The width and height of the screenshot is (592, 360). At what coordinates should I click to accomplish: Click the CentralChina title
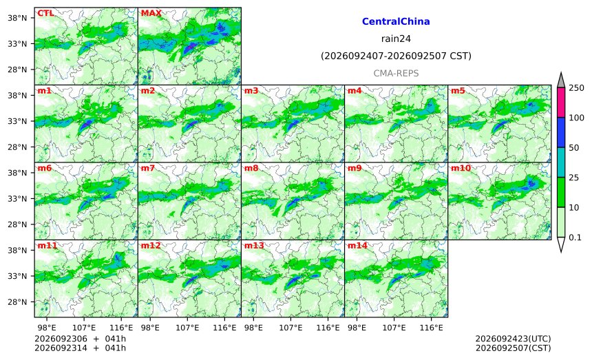pos(396,21)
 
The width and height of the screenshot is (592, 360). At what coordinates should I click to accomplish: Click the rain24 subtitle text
pos(396,39)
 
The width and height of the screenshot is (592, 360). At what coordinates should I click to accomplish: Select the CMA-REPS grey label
pos(396,73)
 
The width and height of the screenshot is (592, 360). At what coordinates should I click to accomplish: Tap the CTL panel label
pos(45,13)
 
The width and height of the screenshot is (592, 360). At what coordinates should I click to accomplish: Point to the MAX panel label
pos(151,13)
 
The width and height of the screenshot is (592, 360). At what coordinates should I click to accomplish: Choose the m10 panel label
pos(461,168)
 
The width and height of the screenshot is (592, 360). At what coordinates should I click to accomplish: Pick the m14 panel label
pos(357,246)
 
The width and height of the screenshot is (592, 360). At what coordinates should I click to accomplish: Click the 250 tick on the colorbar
pos(577,88)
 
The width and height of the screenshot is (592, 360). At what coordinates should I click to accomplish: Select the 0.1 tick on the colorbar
pos(575,237)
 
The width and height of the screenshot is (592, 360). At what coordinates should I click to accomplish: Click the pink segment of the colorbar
pos(561,103)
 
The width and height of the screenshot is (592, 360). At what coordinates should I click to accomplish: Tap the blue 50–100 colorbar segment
pos(561,132)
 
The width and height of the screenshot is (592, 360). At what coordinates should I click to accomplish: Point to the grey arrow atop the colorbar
pos(561,81)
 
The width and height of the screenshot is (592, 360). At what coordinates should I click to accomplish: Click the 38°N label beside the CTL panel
pos(17,18)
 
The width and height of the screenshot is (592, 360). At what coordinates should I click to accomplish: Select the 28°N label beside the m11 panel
pos(17,302)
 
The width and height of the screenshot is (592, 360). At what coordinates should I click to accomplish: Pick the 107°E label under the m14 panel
pos(394,328)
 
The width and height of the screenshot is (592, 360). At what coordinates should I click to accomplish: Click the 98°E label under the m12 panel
pos(150,328)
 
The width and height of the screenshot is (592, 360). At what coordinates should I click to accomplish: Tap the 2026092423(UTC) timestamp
pos(513,339)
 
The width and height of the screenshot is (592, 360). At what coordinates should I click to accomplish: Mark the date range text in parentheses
pos(396,56)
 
